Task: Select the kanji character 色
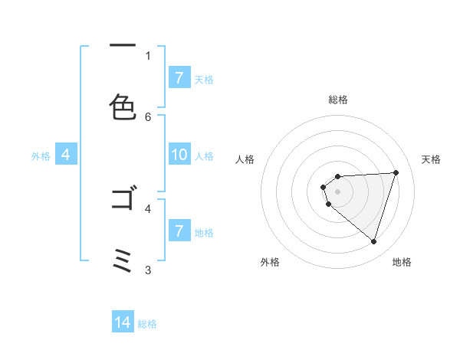[123, 107]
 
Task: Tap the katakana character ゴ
[123, 200]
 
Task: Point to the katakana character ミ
[123, 260]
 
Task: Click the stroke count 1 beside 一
[148, 55]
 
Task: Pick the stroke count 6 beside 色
[148, 116]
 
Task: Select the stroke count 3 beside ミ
[148, 270]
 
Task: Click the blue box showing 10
[179, 155]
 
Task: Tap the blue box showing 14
[123, 323]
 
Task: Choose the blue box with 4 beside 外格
[65, 155]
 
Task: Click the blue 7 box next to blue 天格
[179, 78]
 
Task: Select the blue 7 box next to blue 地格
[179, 231]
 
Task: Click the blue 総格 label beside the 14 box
[147, 324]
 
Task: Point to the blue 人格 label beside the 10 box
[204, 155]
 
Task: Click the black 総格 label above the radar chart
[338, 100]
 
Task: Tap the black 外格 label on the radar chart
[270, 262]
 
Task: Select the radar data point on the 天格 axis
[396, 172]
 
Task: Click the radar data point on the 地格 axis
[374, 242]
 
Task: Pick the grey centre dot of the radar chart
[337, 191]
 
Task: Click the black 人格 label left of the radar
[245, 159]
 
